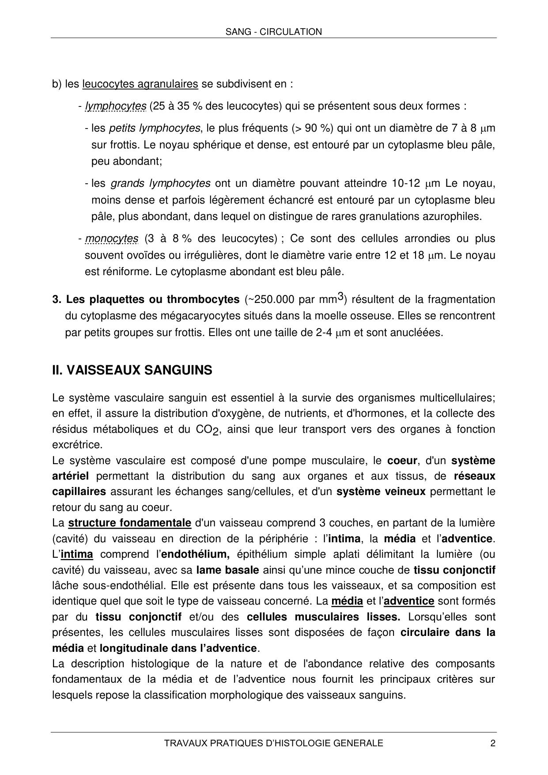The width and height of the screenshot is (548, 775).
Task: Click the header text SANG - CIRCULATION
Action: [x=273, y=32]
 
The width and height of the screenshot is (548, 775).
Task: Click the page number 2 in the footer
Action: [x=493, y=743]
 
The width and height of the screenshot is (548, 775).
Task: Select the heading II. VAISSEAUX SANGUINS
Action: [x=132, y=370]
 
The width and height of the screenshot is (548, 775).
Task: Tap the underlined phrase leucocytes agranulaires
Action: [x=140, y=84]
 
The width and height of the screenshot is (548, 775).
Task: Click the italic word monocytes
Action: [x=112, y=239]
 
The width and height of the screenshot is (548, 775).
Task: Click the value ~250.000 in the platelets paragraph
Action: [x=272, y=300]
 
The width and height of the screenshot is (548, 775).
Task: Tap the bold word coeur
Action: [x=402, y=461]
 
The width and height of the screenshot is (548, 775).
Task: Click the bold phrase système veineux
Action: [x=381, y=492]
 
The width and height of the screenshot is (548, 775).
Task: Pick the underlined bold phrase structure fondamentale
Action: [x=129, y=523]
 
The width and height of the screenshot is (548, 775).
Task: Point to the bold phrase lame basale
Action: [x=227, y=570]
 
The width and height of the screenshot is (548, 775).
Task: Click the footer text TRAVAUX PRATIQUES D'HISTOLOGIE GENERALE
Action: [x=273, y=743]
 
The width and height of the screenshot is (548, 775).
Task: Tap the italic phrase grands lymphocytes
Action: [x=160, y=184]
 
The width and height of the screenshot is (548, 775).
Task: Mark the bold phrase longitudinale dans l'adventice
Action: [x=178, y=648]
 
